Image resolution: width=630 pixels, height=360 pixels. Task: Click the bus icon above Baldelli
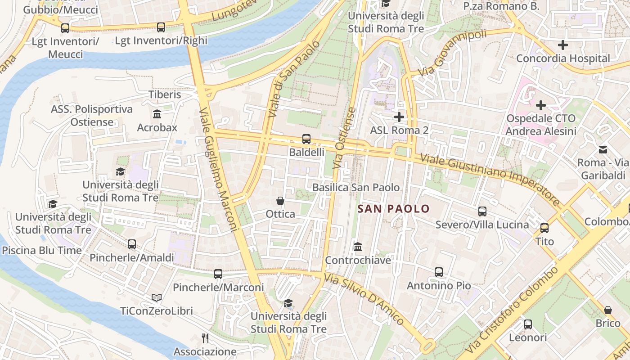(x=306, y=139)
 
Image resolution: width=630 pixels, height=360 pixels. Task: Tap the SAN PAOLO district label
(x=393, y=209)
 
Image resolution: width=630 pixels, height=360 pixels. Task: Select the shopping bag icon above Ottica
(x=280, y=200)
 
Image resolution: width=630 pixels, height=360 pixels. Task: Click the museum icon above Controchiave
(x=358, y=247)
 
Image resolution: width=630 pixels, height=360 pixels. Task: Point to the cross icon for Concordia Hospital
(x=562, y=45)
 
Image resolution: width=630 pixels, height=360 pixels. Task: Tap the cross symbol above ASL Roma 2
(x=399, y=117)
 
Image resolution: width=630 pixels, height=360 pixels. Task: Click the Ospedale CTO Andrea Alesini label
(x=541, y=125)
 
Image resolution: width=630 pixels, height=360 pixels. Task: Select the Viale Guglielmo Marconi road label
(x=218, y=170)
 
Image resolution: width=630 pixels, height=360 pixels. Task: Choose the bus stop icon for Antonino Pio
(x=439, y=272)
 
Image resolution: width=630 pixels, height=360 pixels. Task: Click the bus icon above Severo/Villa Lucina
(x=482, y=211)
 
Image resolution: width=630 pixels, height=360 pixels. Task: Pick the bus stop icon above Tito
(x=544, y=228)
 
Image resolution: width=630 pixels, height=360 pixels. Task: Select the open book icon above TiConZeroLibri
(x=157, y=297)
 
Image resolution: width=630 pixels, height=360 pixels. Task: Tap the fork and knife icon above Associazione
(x=205, y=338)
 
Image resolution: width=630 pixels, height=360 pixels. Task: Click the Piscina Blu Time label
(x=42, y=251)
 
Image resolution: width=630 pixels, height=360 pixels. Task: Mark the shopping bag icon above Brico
(x=608, y=310)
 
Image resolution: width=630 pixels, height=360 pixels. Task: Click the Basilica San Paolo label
(x=356, y=187)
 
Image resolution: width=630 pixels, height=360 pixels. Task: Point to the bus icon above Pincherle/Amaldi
(x=132, y=244)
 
